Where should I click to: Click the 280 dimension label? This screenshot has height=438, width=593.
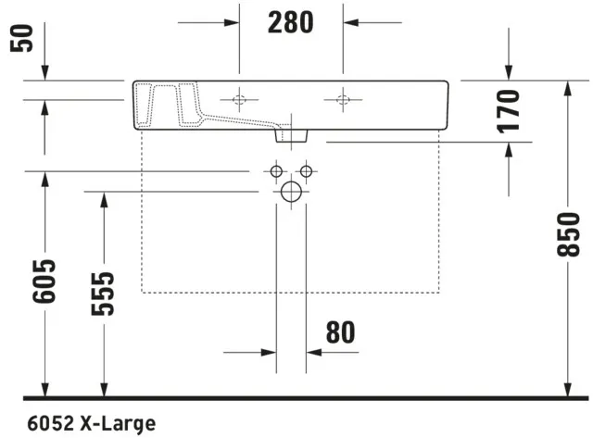coord(291,22)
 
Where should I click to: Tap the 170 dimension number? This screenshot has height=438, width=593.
coord(508,111)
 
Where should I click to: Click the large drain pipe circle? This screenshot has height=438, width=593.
coord(291,193)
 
